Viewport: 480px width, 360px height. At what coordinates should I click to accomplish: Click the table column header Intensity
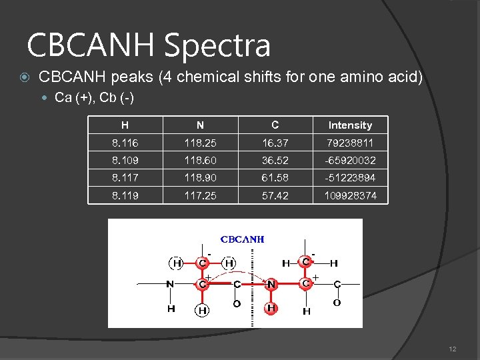350,125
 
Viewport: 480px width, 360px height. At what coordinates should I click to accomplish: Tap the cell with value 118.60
201,161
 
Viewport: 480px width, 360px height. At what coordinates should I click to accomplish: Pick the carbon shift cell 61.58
275,178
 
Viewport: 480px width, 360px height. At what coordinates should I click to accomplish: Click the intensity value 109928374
350,196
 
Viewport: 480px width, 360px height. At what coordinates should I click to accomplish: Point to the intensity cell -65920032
350,161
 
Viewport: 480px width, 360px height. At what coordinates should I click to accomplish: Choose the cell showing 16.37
275,143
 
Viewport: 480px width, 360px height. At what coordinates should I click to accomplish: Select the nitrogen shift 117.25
201,196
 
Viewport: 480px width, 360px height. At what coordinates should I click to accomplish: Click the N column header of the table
201,125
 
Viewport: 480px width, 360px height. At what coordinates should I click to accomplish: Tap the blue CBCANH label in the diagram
243,239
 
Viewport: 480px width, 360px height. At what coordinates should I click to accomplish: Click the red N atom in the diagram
271,285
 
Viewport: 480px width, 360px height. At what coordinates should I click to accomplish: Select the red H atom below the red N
271,309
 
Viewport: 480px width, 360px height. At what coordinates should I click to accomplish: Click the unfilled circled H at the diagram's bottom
201,309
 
